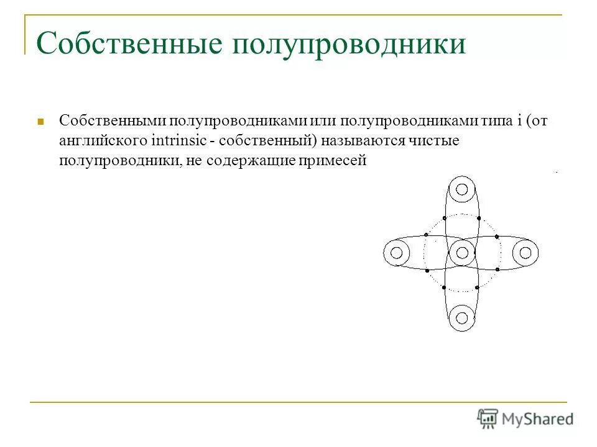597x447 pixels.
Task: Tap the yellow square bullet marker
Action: tap(40, 121)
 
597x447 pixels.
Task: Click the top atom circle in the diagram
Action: tap(461, 189)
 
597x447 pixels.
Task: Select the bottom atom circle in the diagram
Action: tap(461, 317)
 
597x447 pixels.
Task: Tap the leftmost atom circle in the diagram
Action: tap(397, 253)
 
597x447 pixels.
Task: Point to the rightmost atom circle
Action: tap(525, 253)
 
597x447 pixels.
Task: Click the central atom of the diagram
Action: tap(461, 253)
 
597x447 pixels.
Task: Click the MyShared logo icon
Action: tap(488, 419)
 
